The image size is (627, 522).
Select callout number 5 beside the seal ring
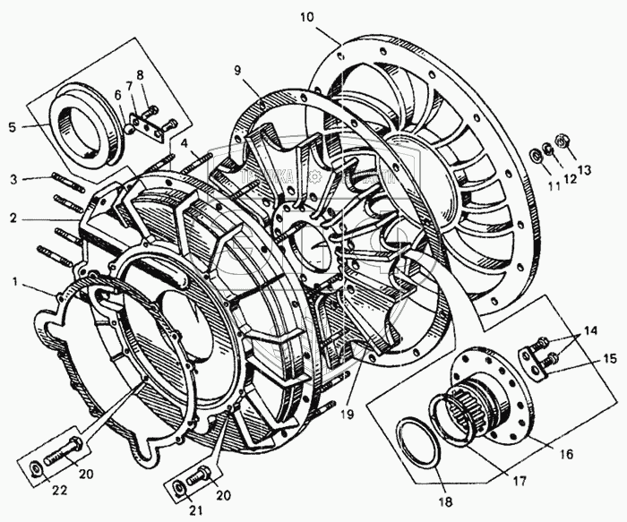pyautogui.click(x=12, y=127)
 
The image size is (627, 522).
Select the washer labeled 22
pyautogui.click(x=34, y=467)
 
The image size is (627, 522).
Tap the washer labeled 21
pyautogui.click(x=179, y=486)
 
